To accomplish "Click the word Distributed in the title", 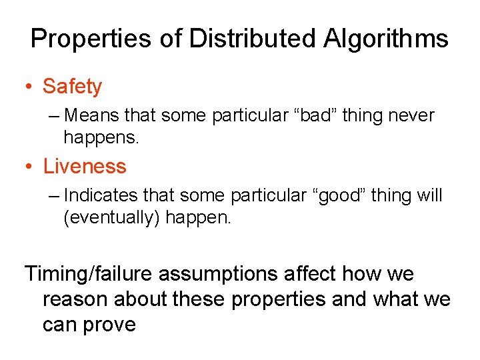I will [253, 39].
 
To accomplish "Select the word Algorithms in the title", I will [386, 39].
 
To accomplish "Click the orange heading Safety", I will [72, 87].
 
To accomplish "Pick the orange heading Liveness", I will [84, 166].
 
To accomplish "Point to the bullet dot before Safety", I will [30, 87].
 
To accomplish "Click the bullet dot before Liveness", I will [30, 167].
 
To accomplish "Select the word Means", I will [93, 116].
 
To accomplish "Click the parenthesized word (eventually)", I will [111, 217].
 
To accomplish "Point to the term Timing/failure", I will [91, 274].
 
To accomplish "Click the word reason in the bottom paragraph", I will [75, 300].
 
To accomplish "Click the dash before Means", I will [54, 116].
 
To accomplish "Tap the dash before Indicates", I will [54, 195].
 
